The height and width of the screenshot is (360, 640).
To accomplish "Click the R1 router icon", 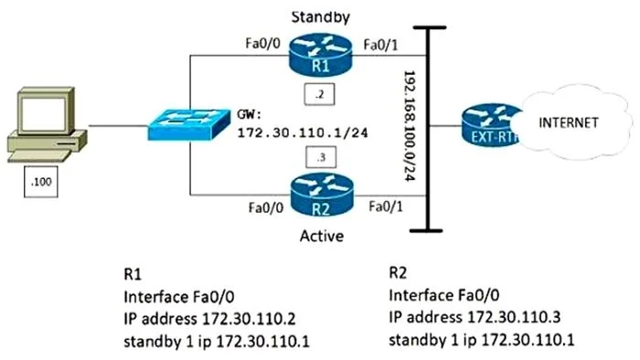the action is point(320,55).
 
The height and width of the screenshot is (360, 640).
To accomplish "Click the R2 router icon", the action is point(322,194).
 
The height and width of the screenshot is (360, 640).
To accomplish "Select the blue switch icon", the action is point(188,124).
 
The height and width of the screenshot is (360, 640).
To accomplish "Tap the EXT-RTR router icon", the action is point(492,125).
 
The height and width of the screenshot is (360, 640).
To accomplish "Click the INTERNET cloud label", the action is point(568,122).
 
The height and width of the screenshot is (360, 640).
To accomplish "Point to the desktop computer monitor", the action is point(46,111).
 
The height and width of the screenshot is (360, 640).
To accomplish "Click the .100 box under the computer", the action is point(41,182).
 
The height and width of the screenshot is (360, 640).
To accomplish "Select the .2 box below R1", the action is point(320,95).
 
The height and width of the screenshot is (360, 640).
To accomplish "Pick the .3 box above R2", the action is point(321,157).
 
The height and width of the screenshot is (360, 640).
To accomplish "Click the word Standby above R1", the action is point(320,17).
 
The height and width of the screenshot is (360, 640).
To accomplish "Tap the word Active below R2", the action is point(322,236).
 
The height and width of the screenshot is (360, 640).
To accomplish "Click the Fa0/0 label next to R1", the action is point(263,43).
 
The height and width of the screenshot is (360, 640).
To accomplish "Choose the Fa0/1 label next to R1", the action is point(380,45).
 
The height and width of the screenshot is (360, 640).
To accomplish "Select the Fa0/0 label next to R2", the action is point(266,207).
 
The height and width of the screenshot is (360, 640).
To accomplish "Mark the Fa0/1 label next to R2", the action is point(386,206).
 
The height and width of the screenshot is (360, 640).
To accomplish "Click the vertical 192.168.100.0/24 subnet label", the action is point(410,126).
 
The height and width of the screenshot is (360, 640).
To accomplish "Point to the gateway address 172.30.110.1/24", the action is point(303,132).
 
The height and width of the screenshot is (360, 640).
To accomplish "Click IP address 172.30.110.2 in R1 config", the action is point(209,319).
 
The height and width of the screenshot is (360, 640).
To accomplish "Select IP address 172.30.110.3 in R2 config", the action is point(475,317).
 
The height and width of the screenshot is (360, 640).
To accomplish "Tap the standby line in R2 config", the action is point(482,340).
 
